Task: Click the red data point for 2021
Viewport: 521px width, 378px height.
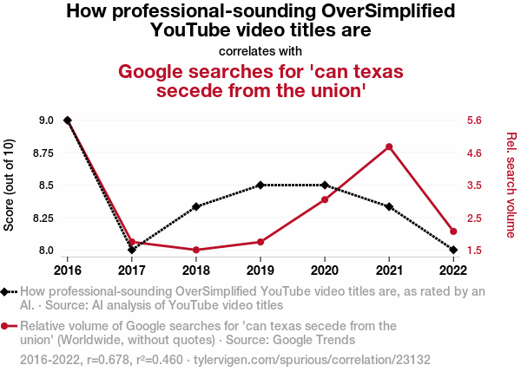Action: pyautogui.click(x=389, y=147)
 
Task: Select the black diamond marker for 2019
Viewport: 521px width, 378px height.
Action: pyautogui.click(x=260, y=185)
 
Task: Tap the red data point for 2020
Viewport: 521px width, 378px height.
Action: pyautogui.click(x=325, y=199)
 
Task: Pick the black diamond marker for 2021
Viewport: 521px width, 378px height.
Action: pyautogui.click(x=389, y=206)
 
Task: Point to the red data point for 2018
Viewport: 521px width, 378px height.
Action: pyautogui.click(x=196, y=250)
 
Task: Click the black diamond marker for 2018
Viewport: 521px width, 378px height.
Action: pyautogui.click(x=196, y=206)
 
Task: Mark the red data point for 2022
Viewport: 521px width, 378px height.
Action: pyautogui.click(x=453, y=231)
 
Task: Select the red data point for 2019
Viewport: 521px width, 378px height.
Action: pyautogui.click(x=260, y=242)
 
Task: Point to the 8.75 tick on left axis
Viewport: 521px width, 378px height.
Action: pyautogui.click(x=40, y=153)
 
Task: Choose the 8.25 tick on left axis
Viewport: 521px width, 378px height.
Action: pyautogui.click(x=40, y=218)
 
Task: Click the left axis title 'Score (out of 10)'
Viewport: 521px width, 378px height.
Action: pyautogui.click(x=10, y=185)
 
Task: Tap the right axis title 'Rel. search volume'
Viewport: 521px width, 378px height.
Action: pyautogui.click(x=511, y=185)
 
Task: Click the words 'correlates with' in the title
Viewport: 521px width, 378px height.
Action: pyautogui.click(x=260, y=50)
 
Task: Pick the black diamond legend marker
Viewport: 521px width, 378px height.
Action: pyautogui.click(x=7, y=292)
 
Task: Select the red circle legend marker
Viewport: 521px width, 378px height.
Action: pyautogui.click(x=7, y=326)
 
